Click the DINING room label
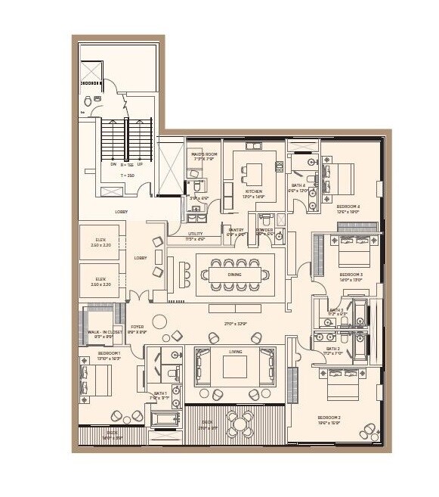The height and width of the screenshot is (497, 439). (234, 275)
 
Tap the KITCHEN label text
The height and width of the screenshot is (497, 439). (252, 192)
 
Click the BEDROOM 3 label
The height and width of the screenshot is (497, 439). (351, 274)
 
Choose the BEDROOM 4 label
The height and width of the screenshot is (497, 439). (348, 206)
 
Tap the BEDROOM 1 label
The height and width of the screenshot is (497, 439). (109, 353)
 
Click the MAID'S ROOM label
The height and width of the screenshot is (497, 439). (204, 154)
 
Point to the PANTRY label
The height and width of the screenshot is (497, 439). (237, 230)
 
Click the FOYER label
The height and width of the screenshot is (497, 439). (137, 327)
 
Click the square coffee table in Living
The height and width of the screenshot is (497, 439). (235, 367)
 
